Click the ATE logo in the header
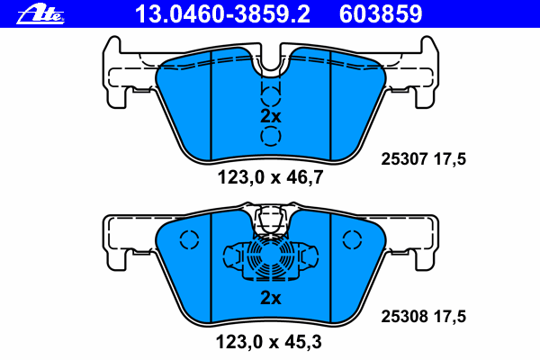click(x=40, y=14)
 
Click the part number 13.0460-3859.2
click(x=223, y=14)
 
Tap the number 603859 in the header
click(x=381, y=14)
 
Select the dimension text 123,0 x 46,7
click(x=270, y=178)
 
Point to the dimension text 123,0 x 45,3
click(x=268, y=342)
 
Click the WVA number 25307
click(x=404, y=159)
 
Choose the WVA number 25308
click(x=404, y=316)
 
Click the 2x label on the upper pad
click(x=271, y=116)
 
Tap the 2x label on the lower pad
click(x=271, y=297)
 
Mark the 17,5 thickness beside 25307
click(x=450, y=159)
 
